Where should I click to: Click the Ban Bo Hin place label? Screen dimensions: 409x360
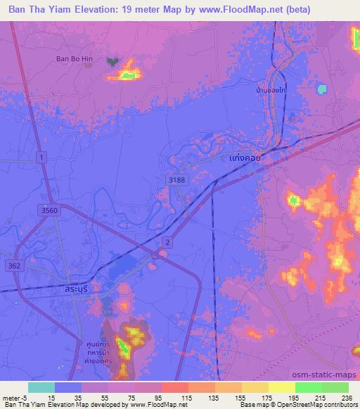[x=75, y=58]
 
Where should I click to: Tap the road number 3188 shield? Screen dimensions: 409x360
[x=178, y=181]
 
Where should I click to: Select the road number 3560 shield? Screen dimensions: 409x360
[x=50, y=209]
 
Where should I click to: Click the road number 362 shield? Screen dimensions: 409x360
[x=15, y=265]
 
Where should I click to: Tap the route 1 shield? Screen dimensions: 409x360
[x=43, y=159]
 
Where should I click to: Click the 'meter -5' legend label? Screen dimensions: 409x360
[x=13, y=397]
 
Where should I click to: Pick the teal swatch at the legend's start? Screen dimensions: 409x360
[x=41, y=387]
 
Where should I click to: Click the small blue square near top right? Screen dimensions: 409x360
[x=323, y=89]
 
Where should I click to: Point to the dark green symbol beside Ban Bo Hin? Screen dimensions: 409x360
[x=112, y=62]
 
